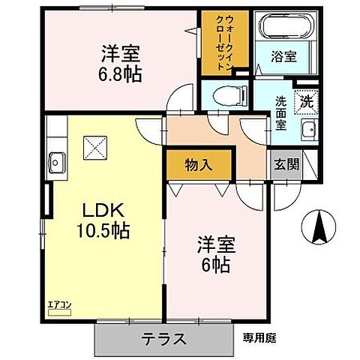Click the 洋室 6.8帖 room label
pyautogui.click(x=121, y=63)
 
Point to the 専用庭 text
pyautogui.click(x=259, y=337)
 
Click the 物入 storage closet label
pyautogui.click(x=198, y=165)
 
